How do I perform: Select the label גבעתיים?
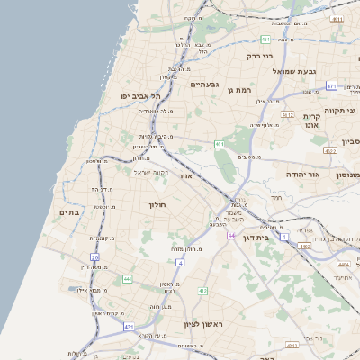pos(205,85)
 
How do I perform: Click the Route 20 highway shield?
pos(95,257)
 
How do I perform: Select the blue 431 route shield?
pos(130,326)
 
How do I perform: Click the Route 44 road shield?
pos(231,236)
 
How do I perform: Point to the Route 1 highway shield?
pos(284,236)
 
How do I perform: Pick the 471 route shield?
pos(331,85)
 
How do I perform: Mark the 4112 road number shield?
pos(288,115)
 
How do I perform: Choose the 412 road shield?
pos(203,291)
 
